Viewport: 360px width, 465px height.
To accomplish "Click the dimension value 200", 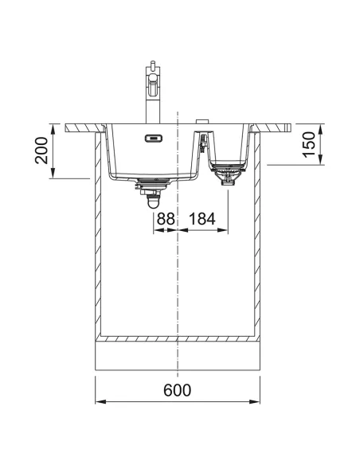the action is click(x=41, y=150).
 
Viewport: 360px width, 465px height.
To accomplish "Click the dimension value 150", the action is click(x=308, y=144).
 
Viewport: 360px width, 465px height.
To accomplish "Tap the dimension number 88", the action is click(x=166, y=219).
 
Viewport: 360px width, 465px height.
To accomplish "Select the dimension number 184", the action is click(x=202, y=219).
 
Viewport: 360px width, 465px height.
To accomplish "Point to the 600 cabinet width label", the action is click(x=178, y=390).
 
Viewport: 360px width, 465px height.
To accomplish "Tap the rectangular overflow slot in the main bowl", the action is click(x=154, y=139).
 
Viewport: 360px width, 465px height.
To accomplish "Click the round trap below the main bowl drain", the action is click(x=154, y=202).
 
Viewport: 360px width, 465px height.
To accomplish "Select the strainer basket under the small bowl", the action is click(x=228, y=174).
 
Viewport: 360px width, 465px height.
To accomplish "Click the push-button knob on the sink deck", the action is click(x=202, y=121).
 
